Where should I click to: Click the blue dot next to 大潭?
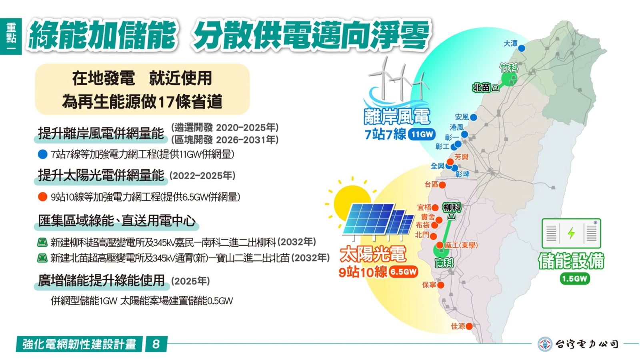tap(522, 48)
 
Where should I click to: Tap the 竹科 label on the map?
tap(509, 68)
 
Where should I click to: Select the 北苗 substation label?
tap(482, 88)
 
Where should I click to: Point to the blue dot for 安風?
tap(474, 117)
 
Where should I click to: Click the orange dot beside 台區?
tap(442, 185)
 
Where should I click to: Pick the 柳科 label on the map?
tap(452, 208)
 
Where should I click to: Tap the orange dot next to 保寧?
tap(440, 285)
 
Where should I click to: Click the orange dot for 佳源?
tap(469, 326)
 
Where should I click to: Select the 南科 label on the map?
tap(444, 262)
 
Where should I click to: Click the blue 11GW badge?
tap(422, 134)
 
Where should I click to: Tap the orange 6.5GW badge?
tap(403, 272)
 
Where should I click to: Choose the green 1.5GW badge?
tap(574, 278)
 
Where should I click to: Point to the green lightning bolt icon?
tap(571, 233)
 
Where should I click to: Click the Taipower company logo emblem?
tap(545, 344)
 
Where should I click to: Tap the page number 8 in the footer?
tap(156, 344)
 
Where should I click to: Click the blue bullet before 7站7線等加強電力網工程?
tap(42, 154)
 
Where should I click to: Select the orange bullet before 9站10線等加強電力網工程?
tap(42, 197)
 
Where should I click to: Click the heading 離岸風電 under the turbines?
tap(397, 116)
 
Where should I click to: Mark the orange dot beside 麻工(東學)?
tap(440, 245)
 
